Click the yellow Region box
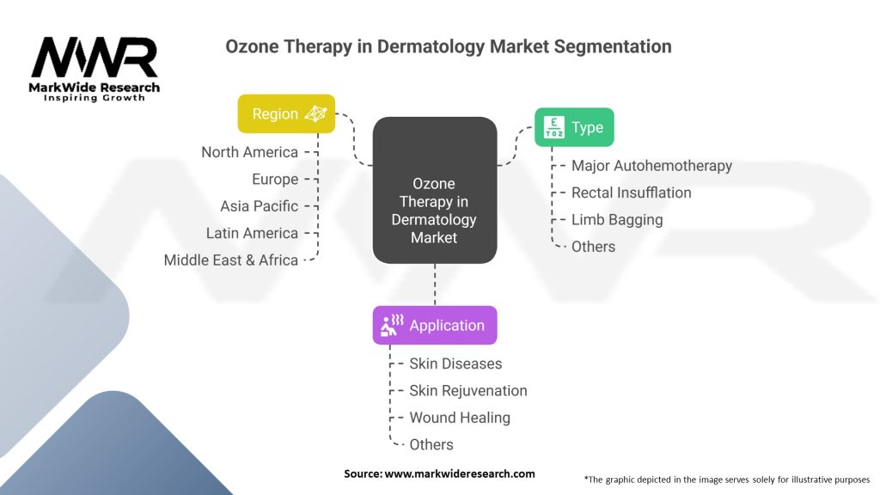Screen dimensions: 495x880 pos(286,113)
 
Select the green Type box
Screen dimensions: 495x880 pos(574,127)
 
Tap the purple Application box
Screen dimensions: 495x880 pos(434,326)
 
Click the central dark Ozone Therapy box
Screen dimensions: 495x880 pos(434,190)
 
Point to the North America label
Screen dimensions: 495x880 pos(249,152)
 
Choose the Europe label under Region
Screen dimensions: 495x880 pos(275,180)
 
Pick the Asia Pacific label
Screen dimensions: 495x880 pos(259,206)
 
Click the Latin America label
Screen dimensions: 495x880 pos(252,233)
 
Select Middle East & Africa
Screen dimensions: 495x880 pos(231,260)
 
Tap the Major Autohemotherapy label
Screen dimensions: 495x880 pos(651,166)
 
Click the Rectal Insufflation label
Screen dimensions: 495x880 pos(631,192)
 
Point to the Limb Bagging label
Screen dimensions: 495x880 pos(617,219)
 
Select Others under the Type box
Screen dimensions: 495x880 pos(593,247)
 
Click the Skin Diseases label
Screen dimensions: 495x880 pos(455,364)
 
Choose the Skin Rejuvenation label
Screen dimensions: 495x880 pos(468,390)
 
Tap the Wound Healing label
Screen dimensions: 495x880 pos(460,418)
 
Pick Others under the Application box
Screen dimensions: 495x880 pos(431,444)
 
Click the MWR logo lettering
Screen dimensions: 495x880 pos(95,58)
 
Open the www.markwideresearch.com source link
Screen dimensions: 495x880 pos(461,474)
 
